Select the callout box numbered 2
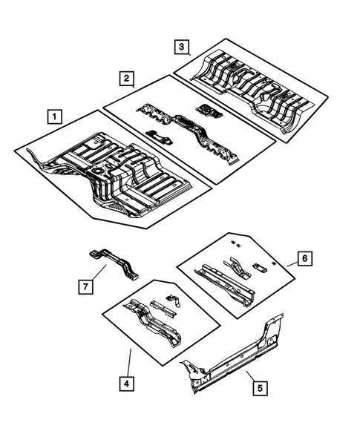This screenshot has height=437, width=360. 127,78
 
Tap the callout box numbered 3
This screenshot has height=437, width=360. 181,47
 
